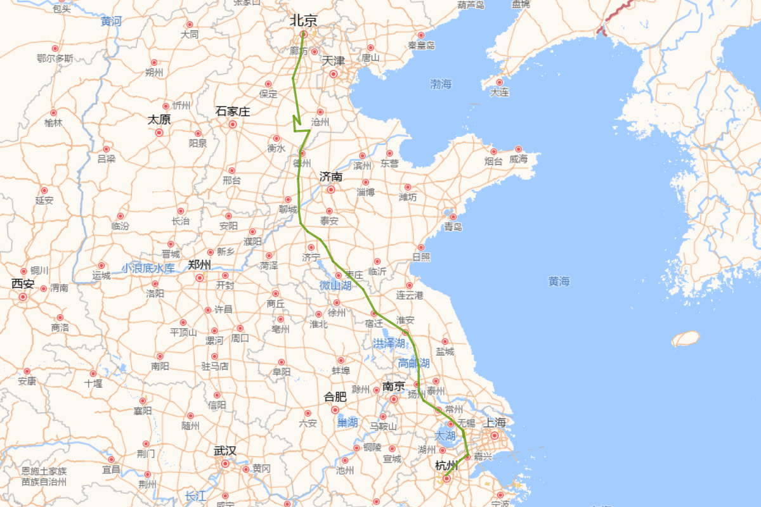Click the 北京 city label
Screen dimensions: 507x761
[304, 20]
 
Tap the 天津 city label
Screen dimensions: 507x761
[334, 61]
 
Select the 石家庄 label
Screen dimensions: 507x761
[233, 112]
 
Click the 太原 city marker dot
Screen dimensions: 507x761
[159, 132]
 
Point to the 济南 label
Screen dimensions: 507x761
[331, 176]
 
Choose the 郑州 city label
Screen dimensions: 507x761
[200, 266]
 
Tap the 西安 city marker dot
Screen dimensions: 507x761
[23, 297]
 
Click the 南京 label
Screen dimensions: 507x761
[393, 386]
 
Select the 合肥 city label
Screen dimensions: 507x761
[335, 397]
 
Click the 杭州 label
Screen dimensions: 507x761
[446, 466]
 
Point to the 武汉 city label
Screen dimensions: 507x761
[225, 451]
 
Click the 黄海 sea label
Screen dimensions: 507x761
[559, 281]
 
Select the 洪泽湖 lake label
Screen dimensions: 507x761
[389, 343]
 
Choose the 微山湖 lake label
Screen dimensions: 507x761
[335, 286]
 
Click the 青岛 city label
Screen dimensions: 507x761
[453, 227]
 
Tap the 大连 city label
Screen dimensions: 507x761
[499, 93]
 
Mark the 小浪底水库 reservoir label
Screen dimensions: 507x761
[148, 268]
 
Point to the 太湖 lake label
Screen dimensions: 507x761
[445, 436]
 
